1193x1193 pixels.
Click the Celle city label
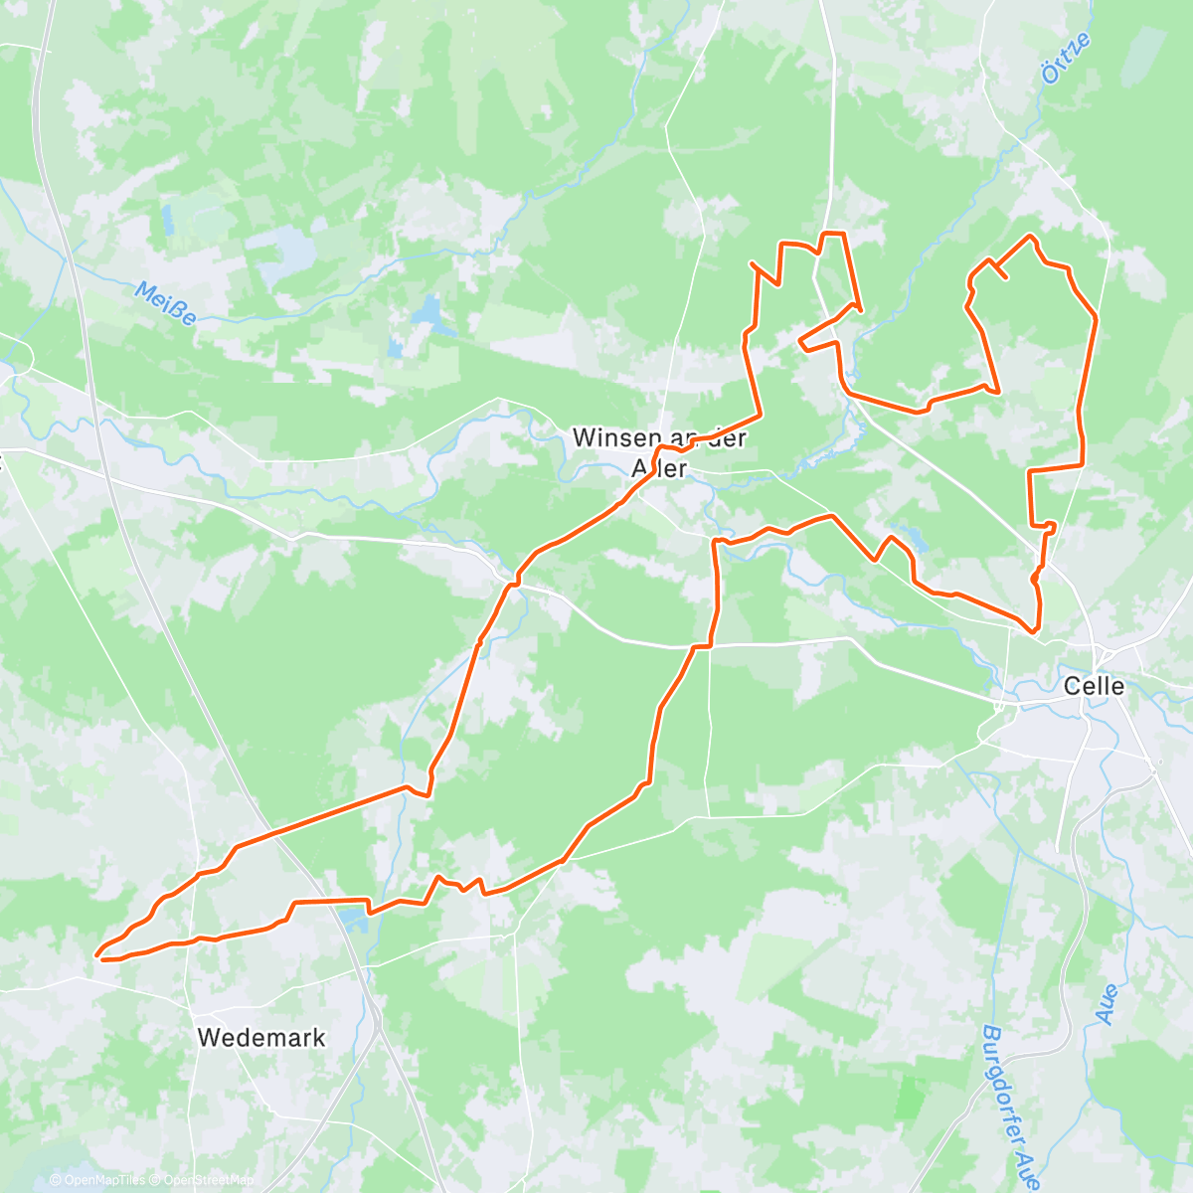(x=1094, y=686)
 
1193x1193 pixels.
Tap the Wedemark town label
(x=261, y=1038)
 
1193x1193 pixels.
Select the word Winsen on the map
(x=614, y=437)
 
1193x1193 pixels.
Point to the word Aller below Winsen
(x=660, y=467)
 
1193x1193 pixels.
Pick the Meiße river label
(x=165, y=304)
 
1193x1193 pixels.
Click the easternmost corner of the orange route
(x=1096, y=316)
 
